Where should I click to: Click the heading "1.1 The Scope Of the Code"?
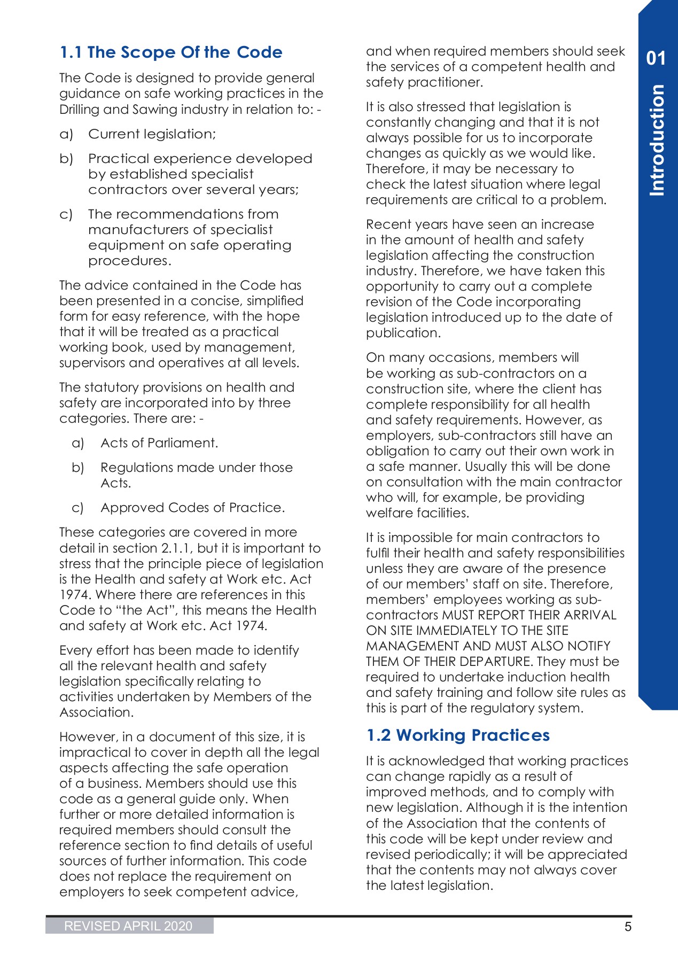(x=171, y=52)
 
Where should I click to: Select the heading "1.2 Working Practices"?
(x=458, y=735)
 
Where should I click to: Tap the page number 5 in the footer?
(x=628, y=927)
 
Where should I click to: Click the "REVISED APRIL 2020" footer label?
(x=128, y=926)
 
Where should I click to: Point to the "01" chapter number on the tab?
(x=656, y=58)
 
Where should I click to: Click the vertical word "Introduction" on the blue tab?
(x=657, y=140)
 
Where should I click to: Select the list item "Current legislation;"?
(x=152, y=134)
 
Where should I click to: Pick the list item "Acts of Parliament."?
(x=159, y=443)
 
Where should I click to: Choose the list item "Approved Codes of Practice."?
(x=192, y=508)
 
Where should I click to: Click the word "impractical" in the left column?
(x=89, y=752)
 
